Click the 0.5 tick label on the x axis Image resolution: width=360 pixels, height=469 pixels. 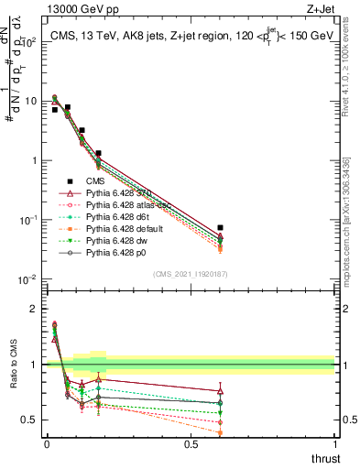(x=191, y=444)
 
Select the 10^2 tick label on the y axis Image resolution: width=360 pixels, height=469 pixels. (x=27, y=42)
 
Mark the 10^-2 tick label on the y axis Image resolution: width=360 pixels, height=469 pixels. (x=27, y=278)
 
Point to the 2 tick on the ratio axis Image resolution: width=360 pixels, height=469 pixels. (x=33, y=309)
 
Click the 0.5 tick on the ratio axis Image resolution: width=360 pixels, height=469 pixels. (x=29, y=420)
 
